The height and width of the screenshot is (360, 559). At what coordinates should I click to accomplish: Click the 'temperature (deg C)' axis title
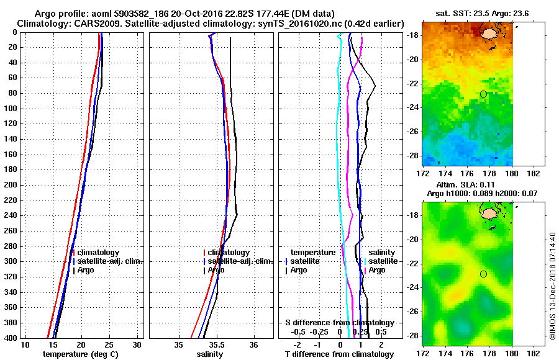pos(80,354)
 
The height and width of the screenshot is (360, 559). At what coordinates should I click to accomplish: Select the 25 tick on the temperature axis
pos(109,344)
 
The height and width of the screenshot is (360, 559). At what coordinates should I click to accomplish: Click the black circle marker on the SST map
pos(483,94)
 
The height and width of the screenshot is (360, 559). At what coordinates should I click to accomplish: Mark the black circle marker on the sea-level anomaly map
pos(483,274)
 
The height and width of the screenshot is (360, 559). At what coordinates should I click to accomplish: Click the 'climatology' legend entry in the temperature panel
pos(98,253)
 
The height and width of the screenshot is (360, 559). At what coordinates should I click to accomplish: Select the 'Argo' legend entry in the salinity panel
pos(216,270)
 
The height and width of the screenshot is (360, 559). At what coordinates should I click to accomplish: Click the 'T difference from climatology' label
pos(339,354)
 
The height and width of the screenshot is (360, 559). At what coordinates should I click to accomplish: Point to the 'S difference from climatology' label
pos(339,323)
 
